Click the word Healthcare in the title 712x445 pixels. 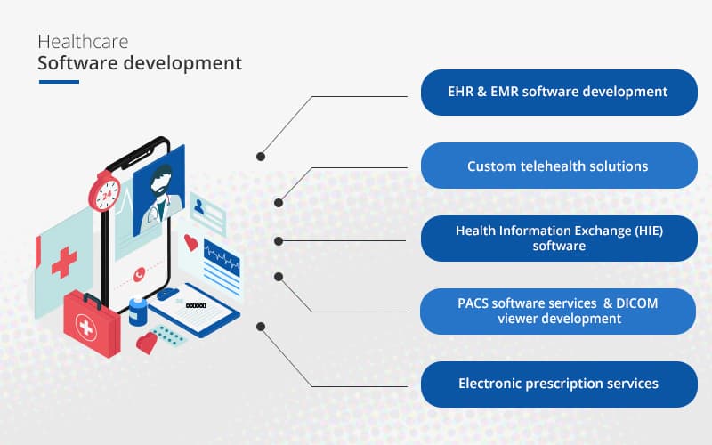point(83,42)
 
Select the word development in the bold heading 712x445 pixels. point(187,64)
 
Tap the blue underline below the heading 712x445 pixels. point(59,82)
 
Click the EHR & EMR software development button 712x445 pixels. point(558,92)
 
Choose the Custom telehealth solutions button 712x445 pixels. point(558,166)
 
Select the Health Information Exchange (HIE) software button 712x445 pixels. point(558,238)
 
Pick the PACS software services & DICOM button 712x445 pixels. point(558,311)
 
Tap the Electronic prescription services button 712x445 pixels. point(558,384)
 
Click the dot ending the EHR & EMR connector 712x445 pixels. point(261,156)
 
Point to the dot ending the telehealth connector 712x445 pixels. point(279,203)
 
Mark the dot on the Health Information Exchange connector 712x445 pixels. point(279,240)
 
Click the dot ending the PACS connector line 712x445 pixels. point(279,276)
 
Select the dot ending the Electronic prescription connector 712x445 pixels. point(261,326)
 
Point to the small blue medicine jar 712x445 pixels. point(138,311)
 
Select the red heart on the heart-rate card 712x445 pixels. point(190,241)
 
